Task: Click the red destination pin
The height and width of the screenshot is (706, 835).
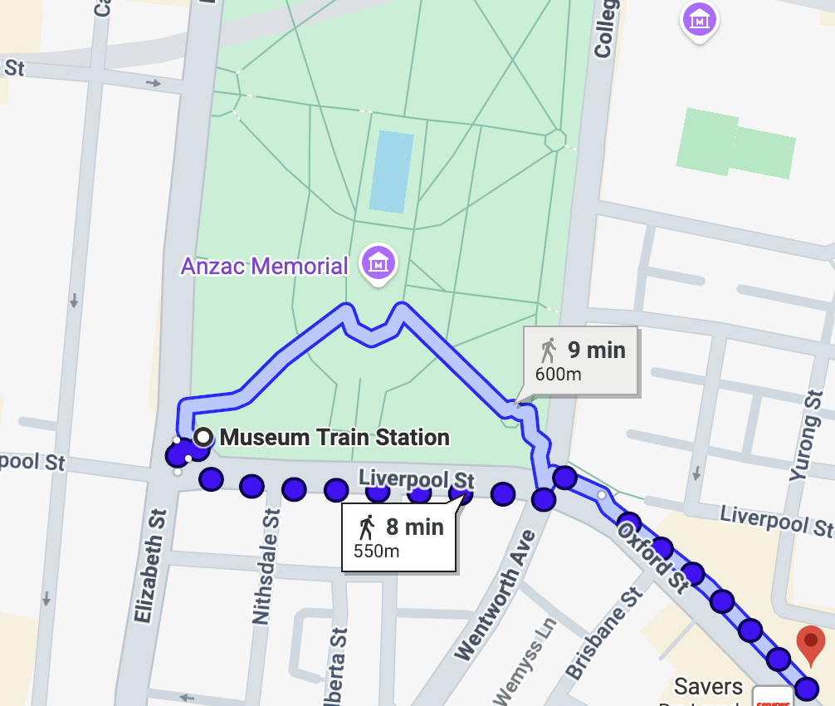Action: click(x=811, y=645)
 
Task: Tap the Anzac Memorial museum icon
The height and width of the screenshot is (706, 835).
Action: click(x=378, y=263)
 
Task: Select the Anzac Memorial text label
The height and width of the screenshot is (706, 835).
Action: click(x=265, y=267)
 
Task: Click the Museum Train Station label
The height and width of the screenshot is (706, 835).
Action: click(x=334, y=437)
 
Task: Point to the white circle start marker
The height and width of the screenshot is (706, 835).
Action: click(x=203, y=437)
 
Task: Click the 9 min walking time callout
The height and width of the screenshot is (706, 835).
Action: click(x=581, y=360)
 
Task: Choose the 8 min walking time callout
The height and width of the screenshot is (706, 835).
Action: click(x=400, y=537)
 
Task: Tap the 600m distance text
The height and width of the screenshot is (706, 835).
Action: click(x=559, y=374)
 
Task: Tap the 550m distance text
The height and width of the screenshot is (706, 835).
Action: click(x=377, y=551)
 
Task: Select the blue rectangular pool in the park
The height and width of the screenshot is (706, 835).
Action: click(x=391, y=172)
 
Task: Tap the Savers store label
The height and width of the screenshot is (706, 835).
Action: click(x=708, y=687)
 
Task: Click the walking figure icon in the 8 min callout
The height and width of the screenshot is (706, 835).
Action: click(x=366, y=527)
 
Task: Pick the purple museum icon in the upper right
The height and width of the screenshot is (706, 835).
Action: click(x=700, y=18)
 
